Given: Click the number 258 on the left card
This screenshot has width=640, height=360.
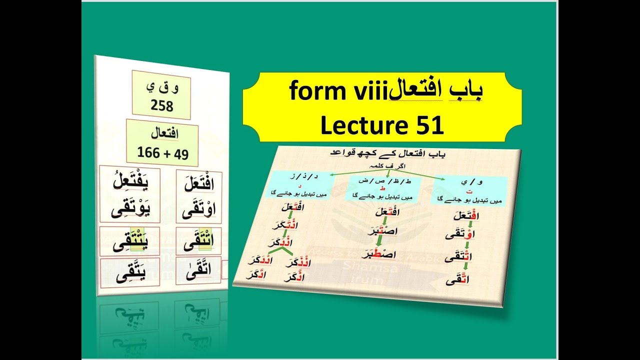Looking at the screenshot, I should click(161, 106).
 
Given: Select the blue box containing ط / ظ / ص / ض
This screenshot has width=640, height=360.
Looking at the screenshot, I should click(380, 187).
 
